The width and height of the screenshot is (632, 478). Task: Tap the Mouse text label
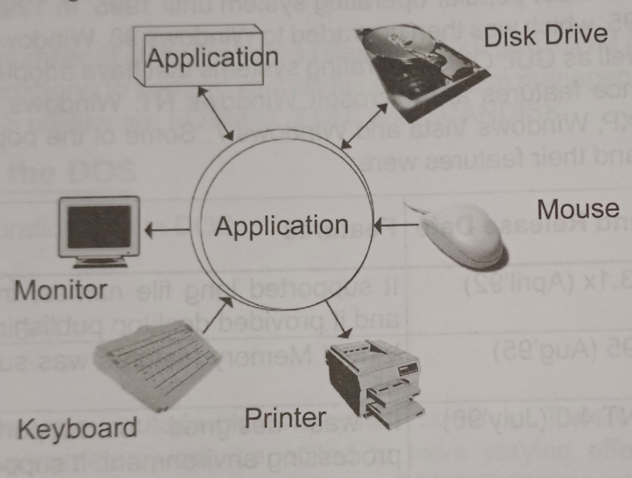578,210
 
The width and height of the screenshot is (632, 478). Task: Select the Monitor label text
61,290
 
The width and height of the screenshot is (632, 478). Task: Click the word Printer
285,418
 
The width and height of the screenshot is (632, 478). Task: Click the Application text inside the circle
281,226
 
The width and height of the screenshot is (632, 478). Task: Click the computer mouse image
464,236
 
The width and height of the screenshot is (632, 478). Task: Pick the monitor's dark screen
99,227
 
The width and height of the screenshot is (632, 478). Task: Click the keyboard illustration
157,364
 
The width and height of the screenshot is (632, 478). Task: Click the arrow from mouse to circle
396,225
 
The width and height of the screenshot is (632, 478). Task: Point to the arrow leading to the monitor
167,230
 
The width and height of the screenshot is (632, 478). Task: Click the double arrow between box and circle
216,114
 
